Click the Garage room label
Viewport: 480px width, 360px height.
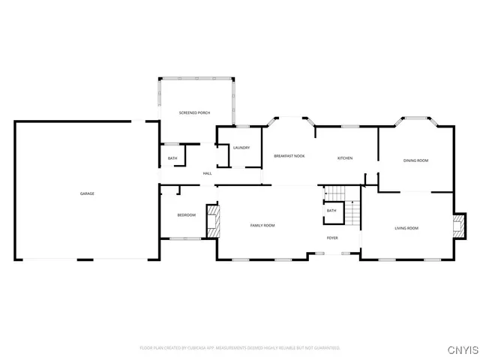pyautogui.click(x=87, y=194)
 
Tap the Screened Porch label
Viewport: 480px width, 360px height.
pyautogui.click(x=194, y=112)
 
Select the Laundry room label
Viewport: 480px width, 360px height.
pyautogui.click(x=241, y=148)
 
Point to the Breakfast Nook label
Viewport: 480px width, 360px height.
pyautogui.click(x=289, y=156)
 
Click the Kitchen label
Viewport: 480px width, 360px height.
pyautogui.click(x=344, y=158)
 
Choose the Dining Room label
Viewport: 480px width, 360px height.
pyautogui.click(x=415, y=160)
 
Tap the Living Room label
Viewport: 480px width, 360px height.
pyautogui.click(x=407, y=228)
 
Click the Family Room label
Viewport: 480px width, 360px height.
pyautogui.click(x=262, y=226)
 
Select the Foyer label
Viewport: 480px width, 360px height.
pyautogui.click(x=332, y=238)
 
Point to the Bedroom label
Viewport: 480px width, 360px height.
pyautogui.click(x=186, y=216)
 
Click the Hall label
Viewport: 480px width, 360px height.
pyautogui.click(x=207, y=174)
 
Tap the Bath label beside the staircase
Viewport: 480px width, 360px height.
pyautogui.click(x=331, y=211)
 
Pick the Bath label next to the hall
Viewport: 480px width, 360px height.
pyautogui.click(x=172, y=158)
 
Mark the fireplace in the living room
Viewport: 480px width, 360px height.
pyautogui.click(x=457, y=226)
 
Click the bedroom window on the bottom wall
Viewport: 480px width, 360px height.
pyautogui.click(x=185, y=238)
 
